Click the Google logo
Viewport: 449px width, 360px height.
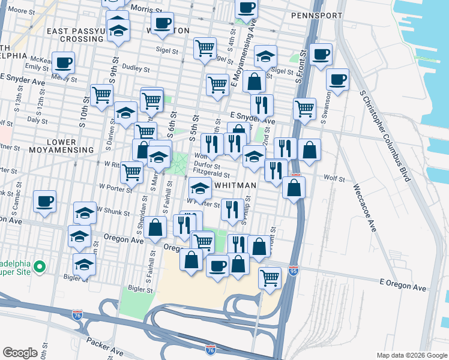20,352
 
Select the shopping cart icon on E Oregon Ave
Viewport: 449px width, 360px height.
270,278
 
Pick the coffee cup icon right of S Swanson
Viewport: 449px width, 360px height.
338,79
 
